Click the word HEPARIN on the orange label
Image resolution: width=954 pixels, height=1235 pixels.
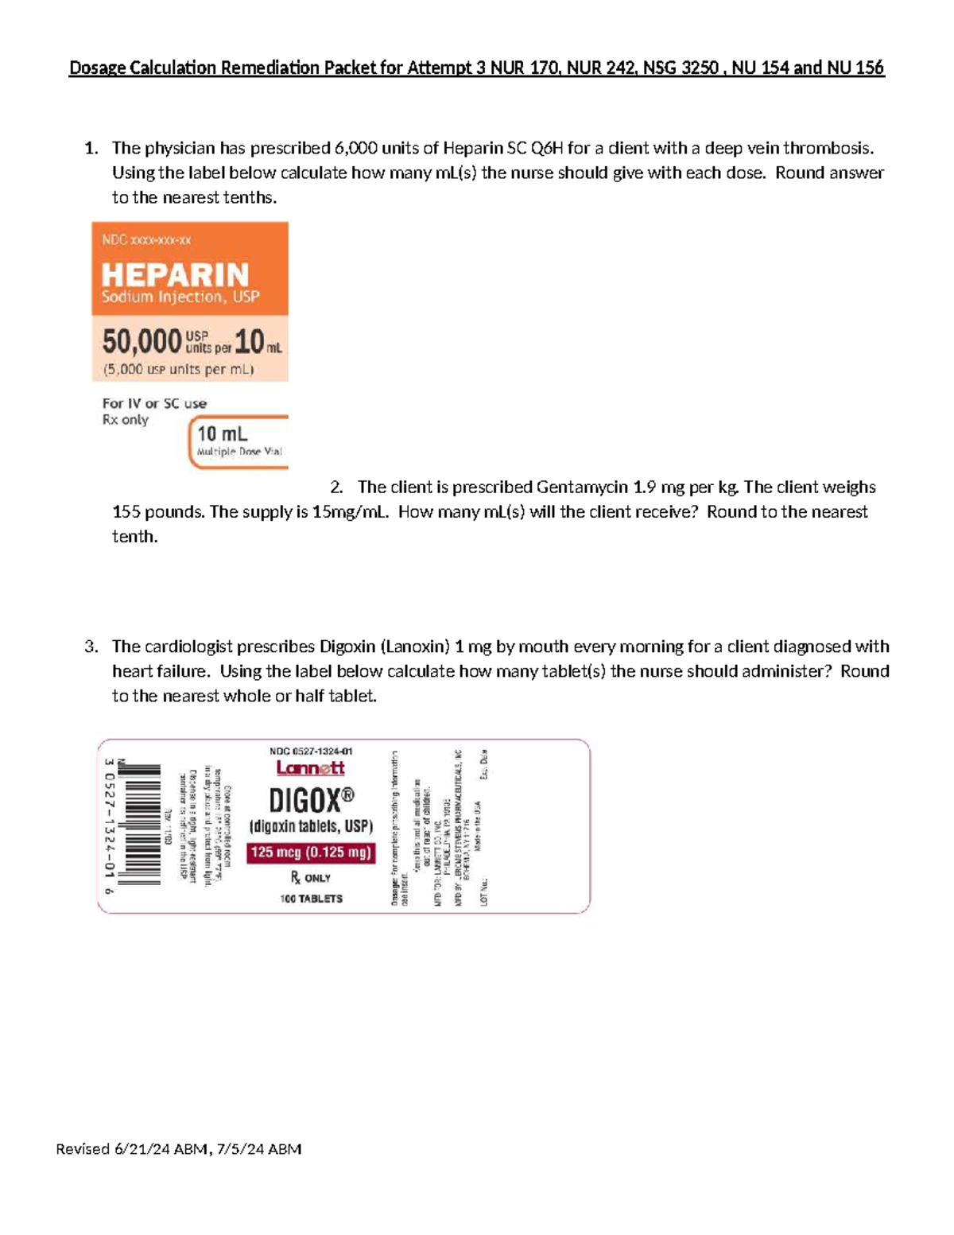(x=175, y=275)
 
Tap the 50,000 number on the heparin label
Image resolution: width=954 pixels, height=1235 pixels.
(x=142, y=342)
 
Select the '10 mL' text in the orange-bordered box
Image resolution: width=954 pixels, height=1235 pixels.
(x=222, y=434)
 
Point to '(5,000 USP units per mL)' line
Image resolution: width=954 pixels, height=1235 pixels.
(x=178, y=369)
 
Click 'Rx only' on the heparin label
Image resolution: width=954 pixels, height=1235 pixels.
(x=125, y=420)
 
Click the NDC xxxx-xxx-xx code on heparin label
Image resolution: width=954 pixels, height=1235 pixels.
(x=146, y=239)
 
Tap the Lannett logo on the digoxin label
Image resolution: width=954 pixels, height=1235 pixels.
(x=310, y=768)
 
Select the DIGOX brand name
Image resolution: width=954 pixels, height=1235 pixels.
(x=311, y=800)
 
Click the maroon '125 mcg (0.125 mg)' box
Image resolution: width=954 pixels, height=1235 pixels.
(x=311, y=852)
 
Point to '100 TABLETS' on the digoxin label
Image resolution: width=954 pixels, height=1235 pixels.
(x=311, y=899)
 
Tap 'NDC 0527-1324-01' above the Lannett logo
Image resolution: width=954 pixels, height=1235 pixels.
(x=311, y=751)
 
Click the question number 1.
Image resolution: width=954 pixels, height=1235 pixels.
(x=91, y=149)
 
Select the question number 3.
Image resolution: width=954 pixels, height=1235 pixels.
(x=91, y=647)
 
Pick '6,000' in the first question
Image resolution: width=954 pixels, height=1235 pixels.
(x=355, y=149)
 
